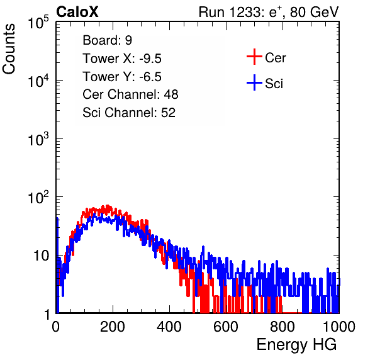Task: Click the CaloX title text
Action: tap(77, 12)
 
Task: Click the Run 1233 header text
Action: tap(269, 12)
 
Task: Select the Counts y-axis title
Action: tap(9, 49)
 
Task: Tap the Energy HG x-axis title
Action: tap(296, 345)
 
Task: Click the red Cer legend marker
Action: tap(254, 57)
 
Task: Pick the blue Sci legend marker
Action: tap(254, 83)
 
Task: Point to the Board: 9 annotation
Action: tap(107, 40)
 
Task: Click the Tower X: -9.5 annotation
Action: tap(122, 59)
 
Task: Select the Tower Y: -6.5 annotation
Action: tap(122, 77)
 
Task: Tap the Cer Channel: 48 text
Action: tap(130, 94)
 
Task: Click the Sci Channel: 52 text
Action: tap(129, 113)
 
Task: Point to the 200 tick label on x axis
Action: tap(113, 327)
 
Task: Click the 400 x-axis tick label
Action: tap(169, 327)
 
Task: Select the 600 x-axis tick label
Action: tap(226, 327)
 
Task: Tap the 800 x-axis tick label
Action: tap(283, 327)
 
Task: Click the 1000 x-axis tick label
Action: tap(339, 327)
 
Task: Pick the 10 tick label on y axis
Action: tap(41, 256)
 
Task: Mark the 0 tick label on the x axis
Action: tap(56, 327)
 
